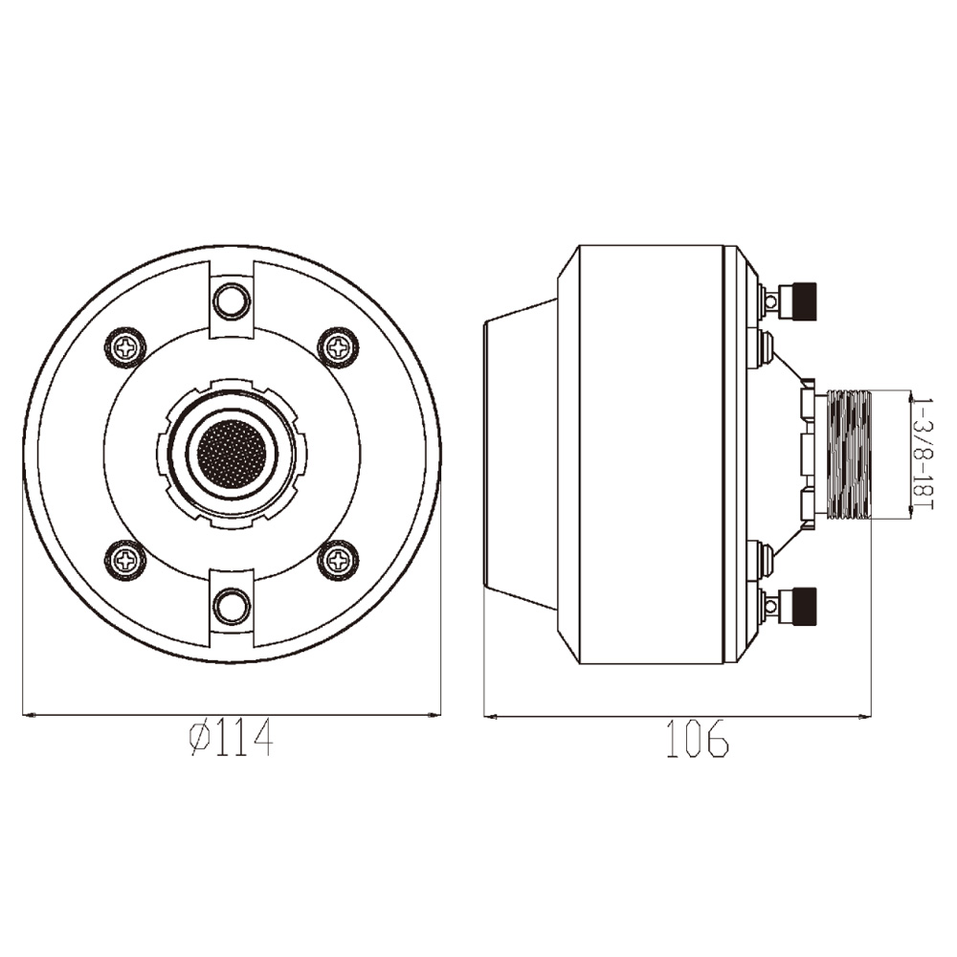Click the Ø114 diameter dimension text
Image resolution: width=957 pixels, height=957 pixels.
pyautogui.click(x=231, y=739)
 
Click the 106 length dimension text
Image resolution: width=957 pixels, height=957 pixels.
pyautogui.click(x=697, y=739)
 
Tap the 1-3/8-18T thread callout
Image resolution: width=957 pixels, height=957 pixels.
pyautogui.click(x=922, y=456)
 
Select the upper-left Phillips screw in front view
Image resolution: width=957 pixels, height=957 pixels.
pyautogui.click(x=126, y=348)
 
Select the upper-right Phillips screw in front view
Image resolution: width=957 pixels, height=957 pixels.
pyautogui.click(x=338, y=348)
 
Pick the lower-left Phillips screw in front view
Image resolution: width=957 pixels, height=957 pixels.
pyautogui.click(x=126, y=559)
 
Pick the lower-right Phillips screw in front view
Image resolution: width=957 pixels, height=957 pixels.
pyautogui.click(x=338, y=559)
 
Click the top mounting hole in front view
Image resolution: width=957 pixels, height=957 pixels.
pyautogui.click(x=232, y=300)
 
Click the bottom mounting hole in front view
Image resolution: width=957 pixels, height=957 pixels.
pyautogui.click(x=232, y=605)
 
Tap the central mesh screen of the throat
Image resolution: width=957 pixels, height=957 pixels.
pyautogui.click(x=232, y=454)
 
